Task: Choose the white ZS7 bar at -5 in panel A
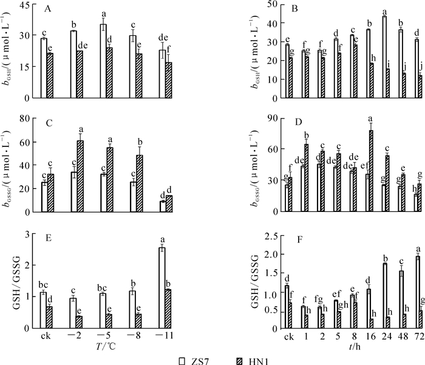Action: pyautogui.click(x=103, y=61)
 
